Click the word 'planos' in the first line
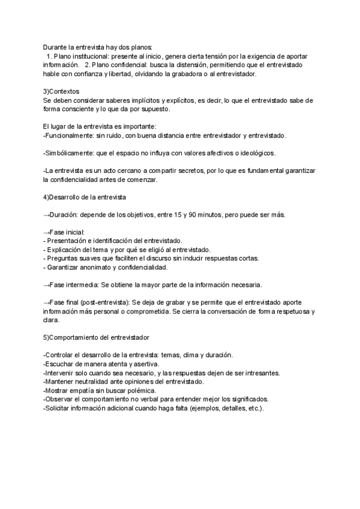pos(140,47)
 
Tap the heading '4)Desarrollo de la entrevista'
pos(85,197)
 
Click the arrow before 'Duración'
pos(47,215)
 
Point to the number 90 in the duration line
pos(183,215)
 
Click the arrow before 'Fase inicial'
pos(47,232)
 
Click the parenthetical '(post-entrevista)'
pos(106,303)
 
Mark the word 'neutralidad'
pos(96,382)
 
